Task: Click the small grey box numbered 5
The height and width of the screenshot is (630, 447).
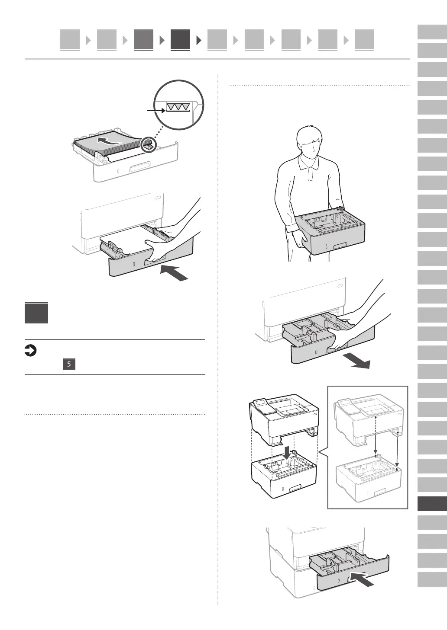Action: point(69,364)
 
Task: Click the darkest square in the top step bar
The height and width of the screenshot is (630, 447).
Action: point(180,40)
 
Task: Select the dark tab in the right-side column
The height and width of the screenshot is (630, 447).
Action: point(432,504)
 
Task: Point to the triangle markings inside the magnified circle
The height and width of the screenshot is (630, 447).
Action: point(178,107)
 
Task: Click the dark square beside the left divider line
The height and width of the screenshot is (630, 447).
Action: point(36,312)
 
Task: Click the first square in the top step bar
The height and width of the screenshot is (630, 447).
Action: point(70,40)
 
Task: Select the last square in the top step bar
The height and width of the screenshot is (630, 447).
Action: point(364,40)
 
